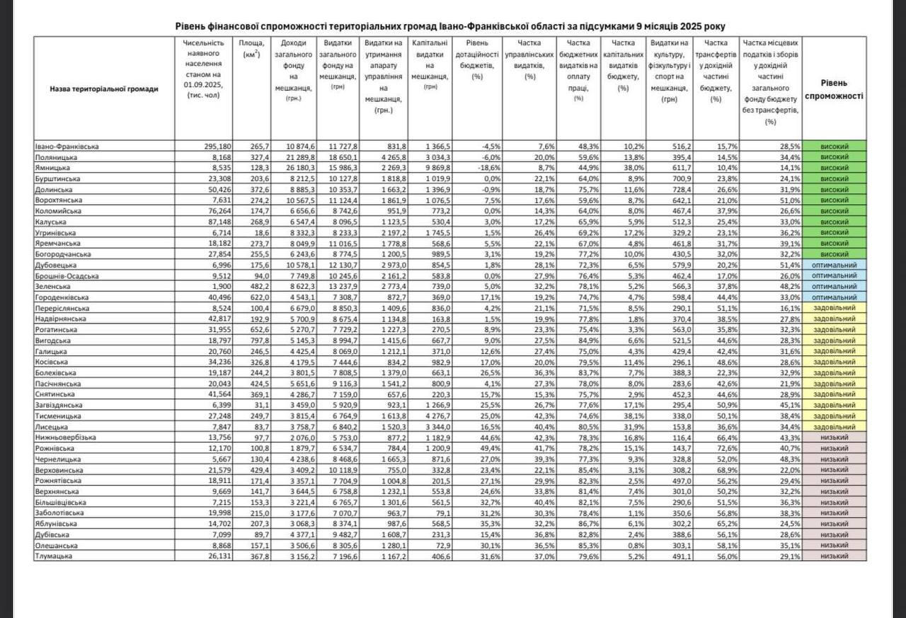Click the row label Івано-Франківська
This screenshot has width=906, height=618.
pos(67,147)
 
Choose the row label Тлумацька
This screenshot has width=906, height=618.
pos(55,556)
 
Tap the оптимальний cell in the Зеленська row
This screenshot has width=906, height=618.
pos(835,287)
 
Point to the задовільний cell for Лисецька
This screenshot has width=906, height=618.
pos(835,428)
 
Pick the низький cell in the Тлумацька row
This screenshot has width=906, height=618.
pos(835,556)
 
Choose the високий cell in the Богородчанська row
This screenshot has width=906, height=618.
pos(835,254)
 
